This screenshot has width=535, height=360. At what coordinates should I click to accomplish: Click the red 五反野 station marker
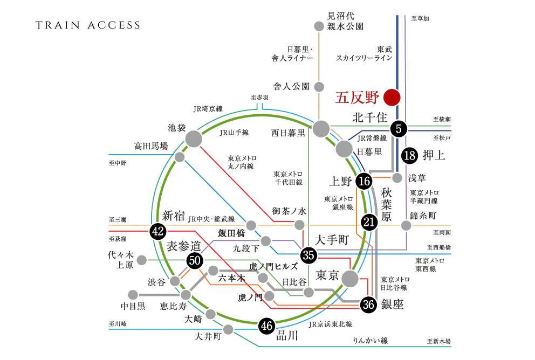coord(392,98)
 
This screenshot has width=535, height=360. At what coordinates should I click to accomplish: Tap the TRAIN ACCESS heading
coord(88,25)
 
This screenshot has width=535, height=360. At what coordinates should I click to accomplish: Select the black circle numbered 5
coord(399,128)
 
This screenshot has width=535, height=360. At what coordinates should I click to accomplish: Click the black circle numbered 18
coord(410,156)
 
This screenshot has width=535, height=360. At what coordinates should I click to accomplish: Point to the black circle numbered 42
coord(157,232)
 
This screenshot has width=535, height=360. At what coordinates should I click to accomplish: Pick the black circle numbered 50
coord(195,261)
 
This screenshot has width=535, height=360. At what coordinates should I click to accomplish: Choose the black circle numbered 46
coord(266,326)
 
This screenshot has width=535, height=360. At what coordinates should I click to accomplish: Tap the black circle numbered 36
coord(369,304)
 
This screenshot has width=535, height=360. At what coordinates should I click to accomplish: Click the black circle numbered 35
coord(308,254)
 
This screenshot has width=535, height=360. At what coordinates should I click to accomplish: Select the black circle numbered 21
coord(369,221)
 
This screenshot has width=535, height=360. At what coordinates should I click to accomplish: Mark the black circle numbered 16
coord(364,181)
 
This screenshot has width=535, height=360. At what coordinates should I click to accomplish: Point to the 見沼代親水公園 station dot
coord(319,26)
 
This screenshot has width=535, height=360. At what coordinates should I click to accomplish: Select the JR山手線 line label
coord(234,132)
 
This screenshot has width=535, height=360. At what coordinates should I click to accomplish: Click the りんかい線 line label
coord(371,340)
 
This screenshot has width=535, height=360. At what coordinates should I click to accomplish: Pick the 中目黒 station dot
coord(133,295)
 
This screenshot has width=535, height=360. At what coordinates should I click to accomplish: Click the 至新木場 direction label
coord(438,341)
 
